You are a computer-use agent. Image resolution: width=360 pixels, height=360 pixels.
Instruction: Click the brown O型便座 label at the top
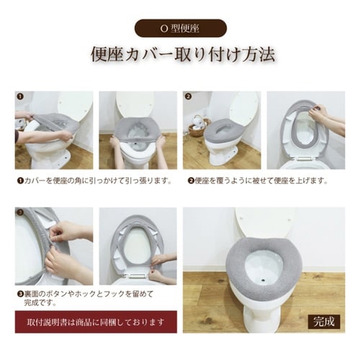coord(180,28)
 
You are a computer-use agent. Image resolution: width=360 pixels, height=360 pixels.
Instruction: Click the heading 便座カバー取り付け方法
coord(180,55)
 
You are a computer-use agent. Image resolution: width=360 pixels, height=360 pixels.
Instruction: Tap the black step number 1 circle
coord(20,95)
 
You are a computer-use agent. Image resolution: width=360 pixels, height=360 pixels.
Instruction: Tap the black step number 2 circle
coord(189,95)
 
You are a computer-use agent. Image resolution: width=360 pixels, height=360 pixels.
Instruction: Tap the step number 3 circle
coord(20,212)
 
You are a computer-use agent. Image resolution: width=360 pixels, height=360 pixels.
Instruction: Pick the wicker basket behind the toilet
coord(196,130)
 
